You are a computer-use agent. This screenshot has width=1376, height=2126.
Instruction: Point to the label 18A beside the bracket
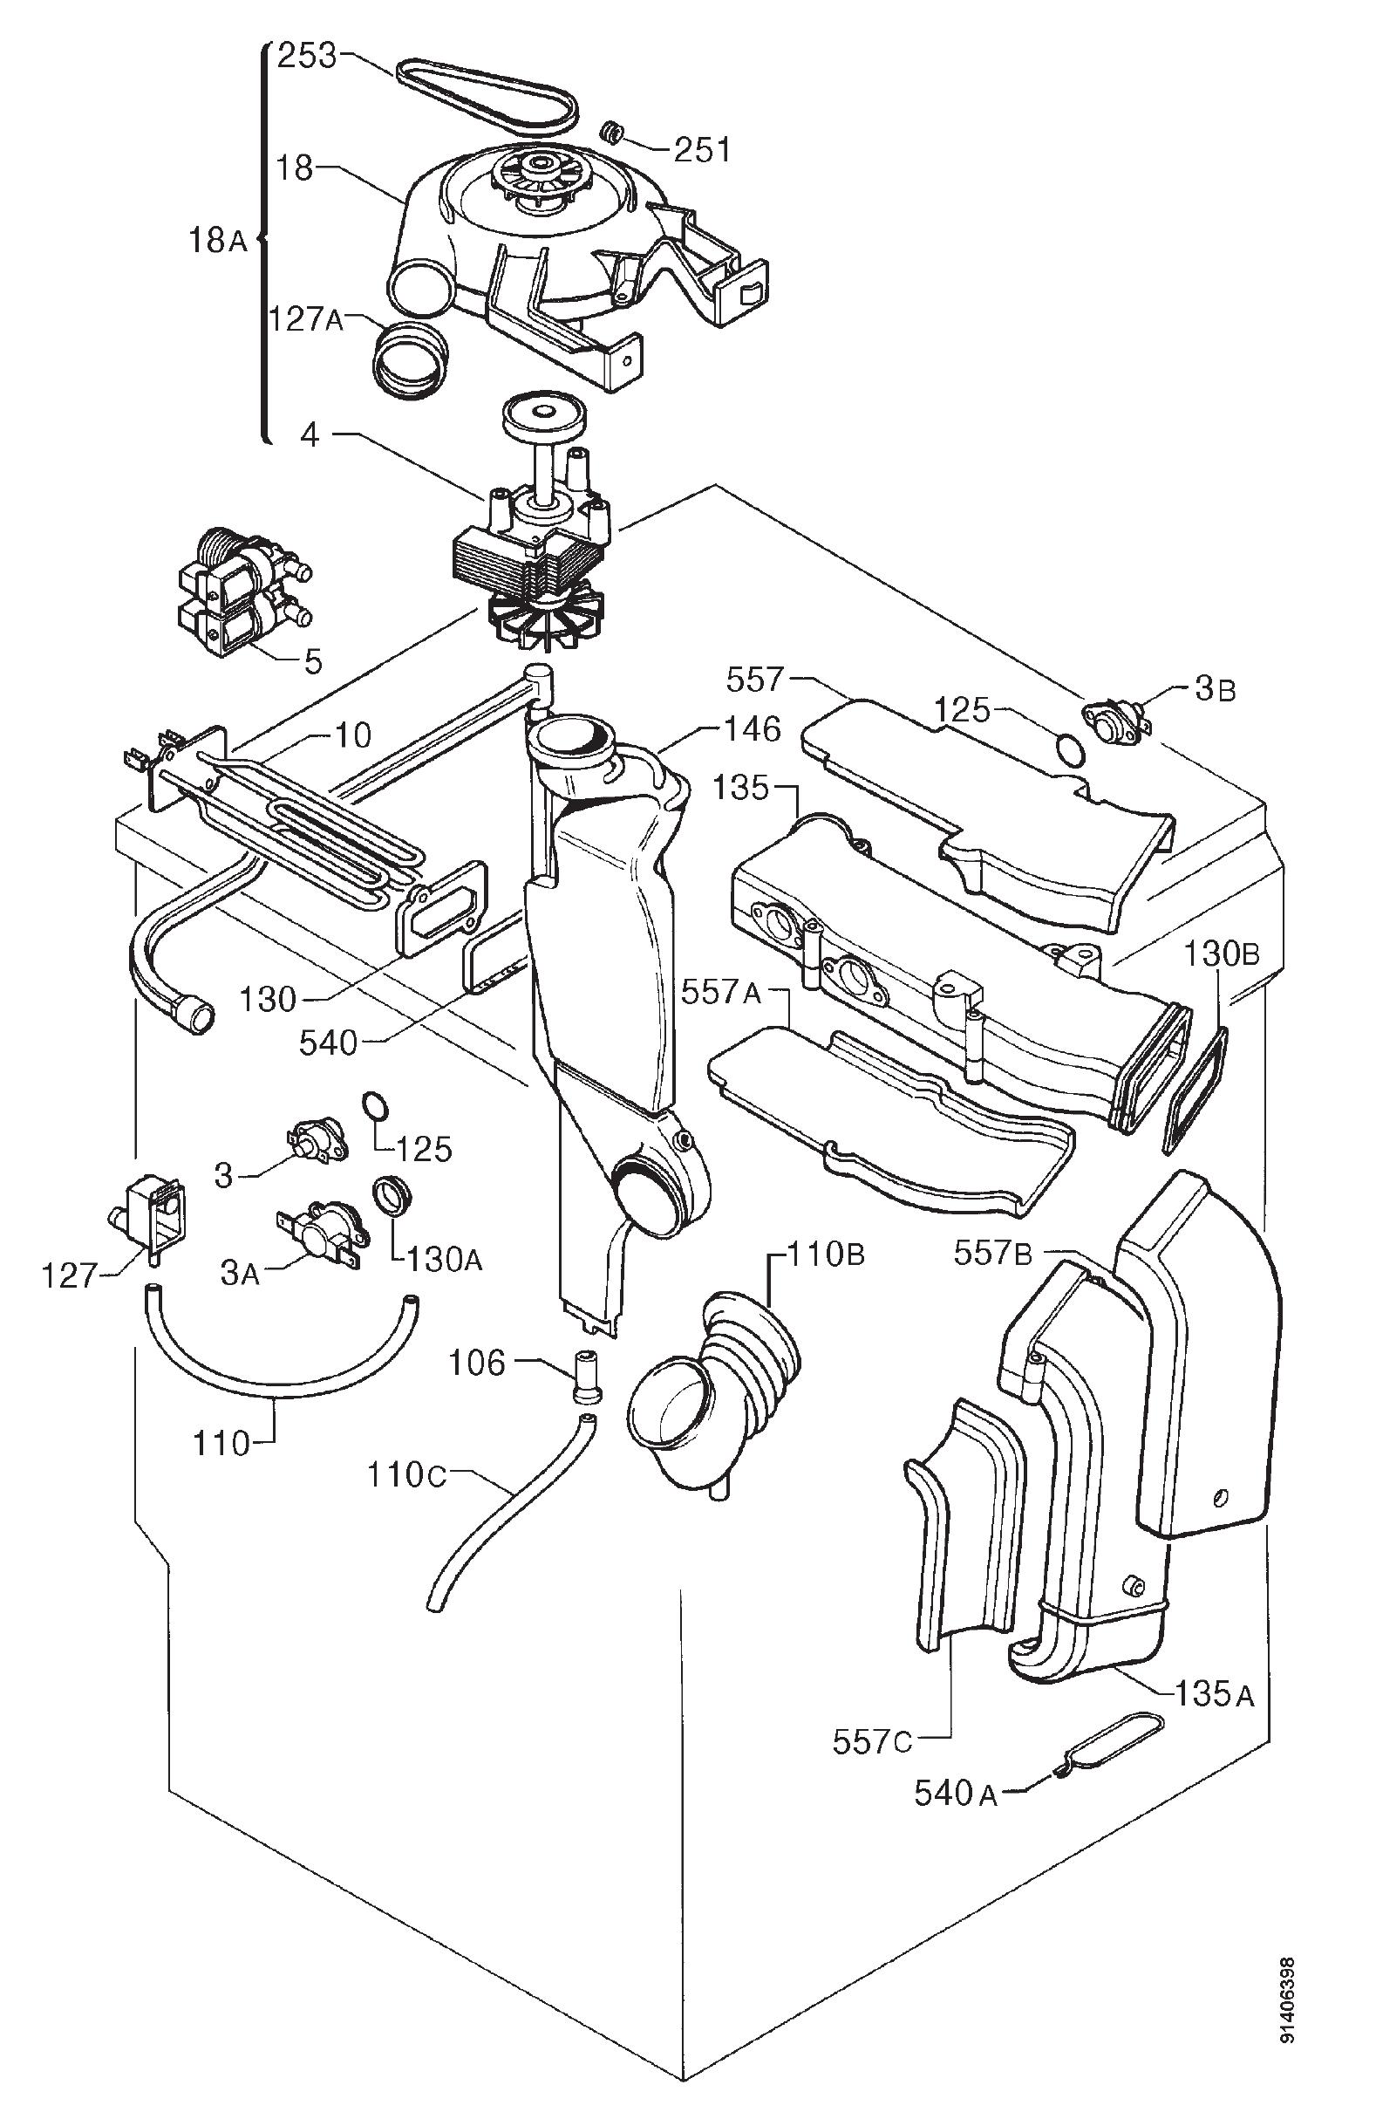pos(217,239)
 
